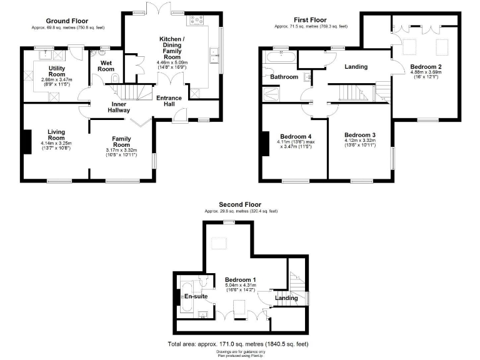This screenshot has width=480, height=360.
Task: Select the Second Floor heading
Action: tap(240, 204)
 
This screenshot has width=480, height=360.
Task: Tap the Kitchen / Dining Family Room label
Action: tap(171, 47)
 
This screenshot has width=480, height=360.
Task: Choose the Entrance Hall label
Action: tap(169, 101)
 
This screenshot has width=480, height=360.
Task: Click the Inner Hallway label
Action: tap(120, 107)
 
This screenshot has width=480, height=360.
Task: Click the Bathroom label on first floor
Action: tap(284, 77)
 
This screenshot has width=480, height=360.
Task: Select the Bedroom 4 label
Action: tap(296, 136)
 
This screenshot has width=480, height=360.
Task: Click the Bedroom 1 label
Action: tap(241, 280)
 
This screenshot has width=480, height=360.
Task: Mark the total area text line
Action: tap(237, 344)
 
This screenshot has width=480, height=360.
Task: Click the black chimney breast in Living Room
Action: tap(27, 141)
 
